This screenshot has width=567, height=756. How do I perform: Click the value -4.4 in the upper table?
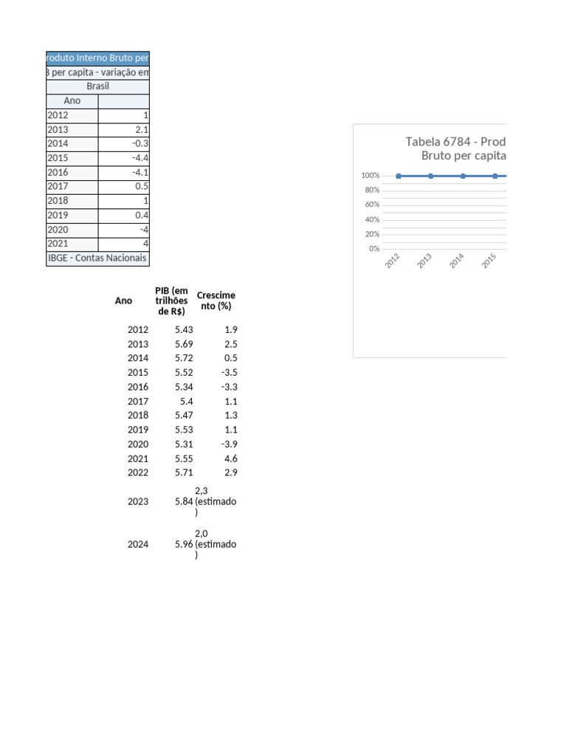click(141, 158)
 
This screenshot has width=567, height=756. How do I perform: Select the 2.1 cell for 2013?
click(142, 130)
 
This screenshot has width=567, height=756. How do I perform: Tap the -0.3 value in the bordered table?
click(141, 144)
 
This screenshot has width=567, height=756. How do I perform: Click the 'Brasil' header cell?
click(97, 86)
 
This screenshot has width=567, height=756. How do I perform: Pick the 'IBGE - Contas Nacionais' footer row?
click(97, 258)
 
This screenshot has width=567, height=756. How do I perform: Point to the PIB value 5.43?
click(184, 330)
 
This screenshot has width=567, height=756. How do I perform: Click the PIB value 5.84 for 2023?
click(184, 501)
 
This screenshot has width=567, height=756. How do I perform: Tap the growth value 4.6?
click(231, 458)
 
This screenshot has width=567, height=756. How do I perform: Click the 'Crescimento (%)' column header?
click(216, 300)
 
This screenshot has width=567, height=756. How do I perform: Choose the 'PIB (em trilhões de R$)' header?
click(171, 300)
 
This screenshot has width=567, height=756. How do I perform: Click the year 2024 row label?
click(138, 544)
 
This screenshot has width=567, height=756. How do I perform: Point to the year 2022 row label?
click(138, 472)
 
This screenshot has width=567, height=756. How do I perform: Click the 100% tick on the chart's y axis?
click(371, 176)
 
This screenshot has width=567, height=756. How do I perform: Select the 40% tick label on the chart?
click(373, 219)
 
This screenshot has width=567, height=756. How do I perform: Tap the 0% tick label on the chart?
click(374, 249)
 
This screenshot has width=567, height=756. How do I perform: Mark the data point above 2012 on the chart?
click(399, 176)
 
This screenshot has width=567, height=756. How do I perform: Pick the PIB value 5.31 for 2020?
click(184, 444)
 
